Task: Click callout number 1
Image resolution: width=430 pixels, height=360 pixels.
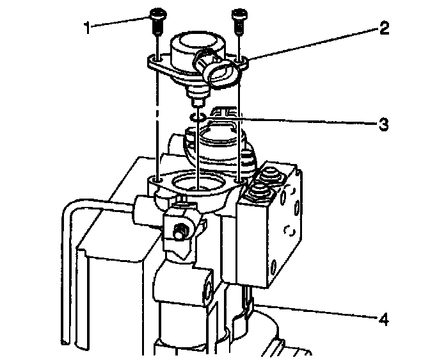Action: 88,28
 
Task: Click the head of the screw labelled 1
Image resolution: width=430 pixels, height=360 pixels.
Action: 155,13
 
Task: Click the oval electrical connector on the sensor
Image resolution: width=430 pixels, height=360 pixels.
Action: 221,72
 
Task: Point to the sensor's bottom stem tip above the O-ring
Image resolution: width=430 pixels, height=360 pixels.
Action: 198,102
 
